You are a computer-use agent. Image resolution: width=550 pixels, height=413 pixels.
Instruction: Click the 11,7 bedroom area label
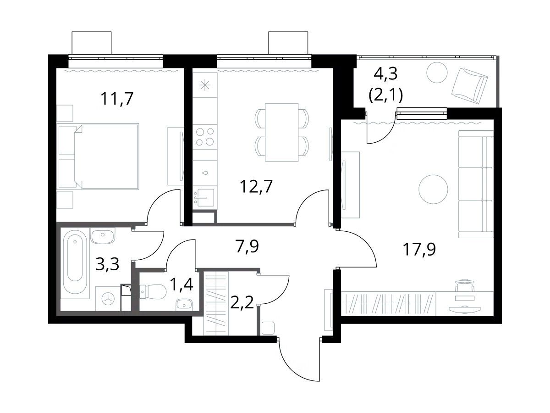(x=117, y=99)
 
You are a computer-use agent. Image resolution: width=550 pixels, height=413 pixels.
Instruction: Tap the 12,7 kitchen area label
(x=256, y=187)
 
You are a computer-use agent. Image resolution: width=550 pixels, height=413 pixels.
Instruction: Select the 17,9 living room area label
(x=419, y=249)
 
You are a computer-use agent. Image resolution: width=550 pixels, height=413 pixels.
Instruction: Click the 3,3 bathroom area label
(x=107, y=264)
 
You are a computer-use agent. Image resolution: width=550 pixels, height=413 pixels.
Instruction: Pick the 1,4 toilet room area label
(x=181, y=285)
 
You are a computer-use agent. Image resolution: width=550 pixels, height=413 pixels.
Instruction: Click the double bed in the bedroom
(x=99, y=156)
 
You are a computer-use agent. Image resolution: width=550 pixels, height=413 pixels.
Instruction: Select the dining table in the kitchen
(x=281, y=132)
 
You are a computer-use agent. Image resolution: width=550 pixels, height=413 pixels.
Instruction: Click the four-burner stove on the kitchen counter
(x=205, y=137)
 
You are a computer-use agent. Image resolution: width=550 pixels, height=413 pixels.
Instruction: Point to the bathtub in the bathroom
(x=75, y=263)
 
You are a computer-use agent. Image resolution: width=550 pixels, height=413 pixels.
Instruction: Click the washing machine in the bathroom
(x=108, y=299)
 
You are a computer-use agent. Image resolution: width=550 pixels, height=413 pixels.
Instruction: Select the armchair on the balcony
(x=469, y=86)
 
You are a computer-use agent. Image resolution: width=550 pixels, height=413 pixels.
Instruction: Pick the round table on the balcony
(x=437, y=73)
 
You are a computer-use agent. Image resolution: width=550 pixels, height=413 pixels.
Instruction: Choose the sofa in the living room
(x=476, y=184)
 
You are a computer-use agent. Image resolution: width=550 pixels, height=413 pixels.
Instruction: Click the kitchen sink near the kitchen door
(x=205, y=197)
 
